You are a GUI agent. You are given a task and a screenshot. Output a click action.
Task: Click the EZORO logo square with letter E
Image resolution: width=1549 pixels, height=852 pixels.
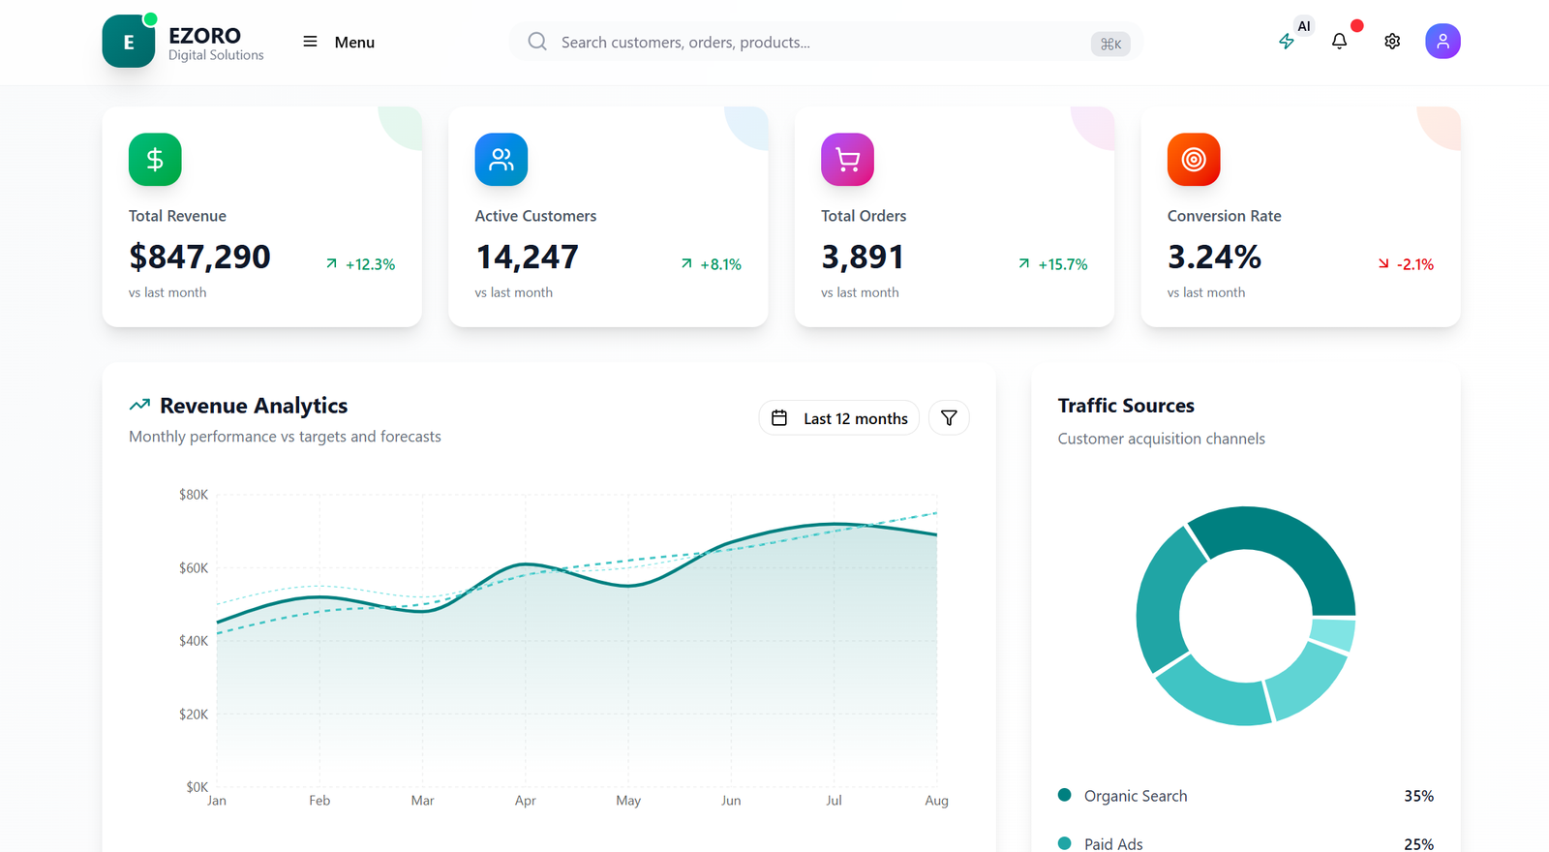coord(129,42)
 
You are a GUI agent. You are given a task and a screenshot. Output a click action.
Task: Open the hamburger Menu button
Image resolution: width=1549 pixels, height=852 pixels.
coord(339,42)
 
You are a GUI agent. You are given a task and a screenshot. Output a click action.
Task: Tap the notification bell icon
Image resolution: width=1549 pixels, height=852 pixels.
coord(1339,42)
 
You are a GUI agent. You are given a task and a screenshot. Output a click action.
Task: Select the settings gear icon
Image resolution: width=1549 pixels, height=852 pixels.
coord(1392,42)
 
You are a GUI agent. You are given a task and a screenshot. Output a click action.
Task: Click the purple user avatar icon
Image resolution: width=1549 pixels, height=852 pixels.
coord(1443,42)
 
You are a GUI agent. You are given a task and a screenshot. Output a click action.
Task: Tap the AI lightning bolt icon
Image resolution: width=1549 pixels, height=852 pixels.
coord(1287,42)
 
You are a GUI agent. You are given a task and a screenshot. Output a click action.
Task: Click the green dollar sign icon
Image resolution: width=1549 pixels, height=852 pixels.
coord(155,159)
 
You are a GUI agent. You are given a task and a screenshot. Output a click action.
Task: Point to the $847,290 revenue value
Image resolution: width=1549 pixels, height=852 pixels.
coord(199,257)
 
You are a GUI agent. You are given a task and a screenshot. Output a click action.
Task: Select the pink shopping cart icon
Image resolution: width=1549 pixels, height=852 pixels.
coord(847,159)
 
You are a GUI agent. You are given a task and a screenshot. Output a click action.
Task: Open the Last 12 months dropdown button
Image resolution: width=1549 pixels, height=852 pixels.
coord(838,418)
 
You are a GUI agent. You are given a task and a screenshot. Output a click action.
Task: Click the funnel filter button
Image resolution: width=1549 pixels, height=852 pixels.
coord(949,418)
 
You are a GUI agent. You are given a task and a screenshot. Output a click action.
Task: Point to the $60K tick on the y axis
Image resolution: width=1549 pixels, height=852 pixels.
coord(194,568)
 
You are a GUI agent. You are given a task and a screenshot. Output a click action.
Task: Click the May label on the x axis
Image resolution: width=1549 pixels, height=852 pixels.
coord(628,801)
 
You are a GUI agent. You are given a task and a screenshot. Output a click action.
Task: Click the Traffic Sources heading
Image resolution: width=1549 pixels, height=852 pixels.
coord(1126,406)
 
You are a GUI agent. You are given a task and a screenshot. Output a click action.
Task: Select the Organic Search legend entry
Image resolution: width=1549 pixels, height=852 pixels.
coord(1135,796)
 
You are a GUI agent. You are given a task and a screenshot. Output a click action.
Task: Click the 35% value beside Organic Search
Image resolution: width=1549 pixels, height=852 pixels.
coord(1418,796)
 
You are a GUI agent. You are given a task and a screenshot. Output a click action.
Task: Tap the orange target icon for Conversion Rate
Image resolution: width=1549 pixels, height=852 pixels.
coord(1194,159)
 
